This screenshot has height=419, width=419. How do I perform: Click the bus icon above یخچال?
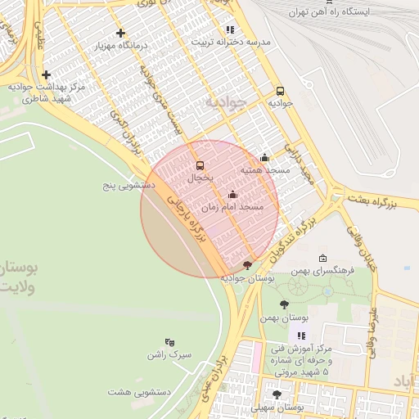(200, 165)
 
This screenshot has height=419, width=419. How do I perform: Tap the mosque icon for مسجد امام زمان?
(232, 195)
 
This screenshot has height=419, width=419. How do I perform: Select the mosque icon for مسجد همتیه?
(264, 158)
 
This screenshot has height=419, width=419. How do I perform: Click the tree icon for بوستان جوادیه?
(248, 265)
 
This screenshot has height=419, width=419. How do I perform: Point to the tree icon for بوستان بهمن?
(284, 304)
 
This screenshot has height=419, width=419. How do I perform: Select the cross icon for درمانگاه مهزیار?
(121, 34)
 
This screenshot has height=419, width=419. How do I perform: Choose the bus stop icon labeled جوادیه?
(281, 92)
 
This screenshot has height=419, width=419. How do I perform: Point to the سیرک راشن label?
(169, 354)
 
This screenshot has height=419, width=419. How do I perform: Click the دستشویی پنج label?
(128, 186)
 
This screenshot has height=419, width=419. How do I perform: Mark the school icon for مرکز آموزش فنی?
(302, 336)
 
